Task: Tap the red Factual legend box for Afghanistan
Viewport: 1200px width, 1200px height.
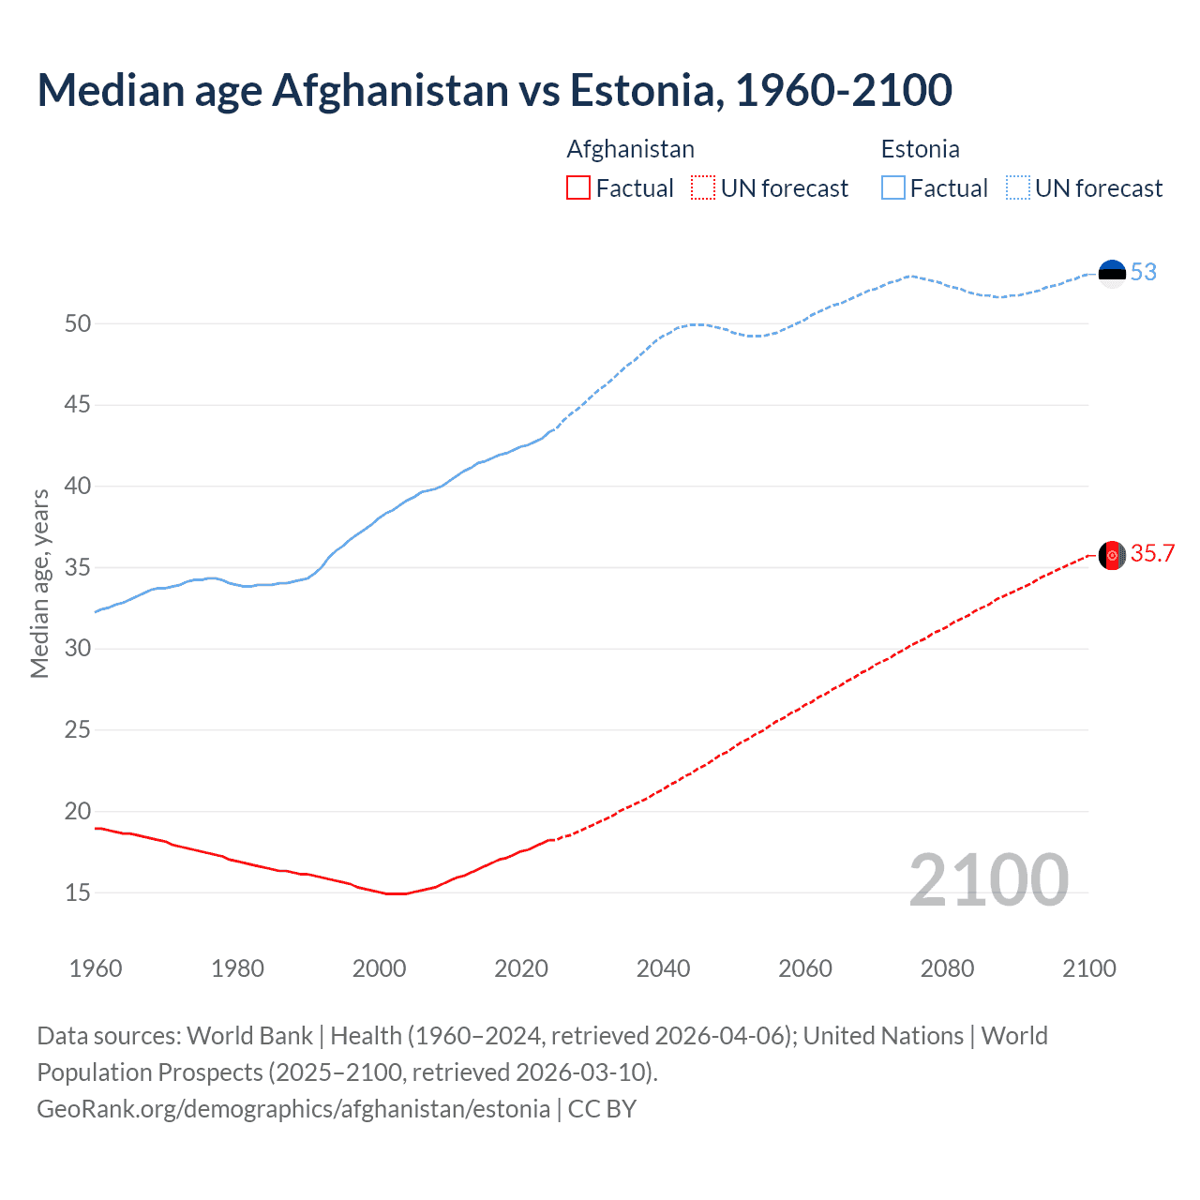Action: click(x=578, y=188)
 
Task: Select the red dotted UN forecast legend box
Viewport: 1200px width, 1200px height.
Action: click(x=703, y=188)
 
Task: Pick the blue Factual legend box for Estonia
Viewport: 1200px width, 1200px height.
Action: click(x=892, y=188)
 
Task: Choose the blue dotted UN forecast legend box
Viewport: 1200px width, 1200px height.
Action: click(x=1017, y=188)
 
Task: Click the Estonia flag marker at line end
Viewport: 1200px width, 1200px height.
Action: click(x=1112, y=273)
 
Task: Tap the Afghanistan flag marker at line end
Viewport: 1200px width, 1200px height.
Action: click(x=1112, y=555)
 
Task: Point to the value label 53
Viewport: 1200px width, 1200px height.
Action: click(x=1144, y=273)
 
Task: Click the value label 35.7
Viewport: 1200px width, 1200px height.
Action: click(x=1152, y=554)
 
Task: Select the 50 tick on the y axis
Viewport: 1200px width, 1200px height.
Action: click(x=78, y=324)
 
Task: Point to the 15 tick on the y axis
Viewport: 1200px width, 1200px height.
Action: click(x=78, y=893)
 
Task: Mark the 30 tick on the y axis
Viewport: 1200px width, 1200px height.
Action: click(x=78, y=649)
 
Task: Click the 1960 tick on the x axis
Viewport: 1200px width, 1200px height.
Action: click(x=96, y=968)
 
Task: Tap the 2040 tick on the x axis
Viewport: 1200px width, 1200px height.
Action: click(x=663, y=968)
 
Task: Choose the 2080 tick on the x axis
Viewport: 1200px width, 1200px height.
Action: click(x=947, y=968)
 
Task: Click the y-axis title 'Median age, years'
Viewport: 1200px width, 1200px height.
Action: click(x=39, y=583)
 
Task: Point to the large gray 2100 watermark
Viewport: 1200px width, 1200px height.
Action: click(x=988, y=879)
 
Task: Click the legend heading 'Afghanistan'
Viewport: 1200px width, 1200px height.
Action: click(x=630, y=149)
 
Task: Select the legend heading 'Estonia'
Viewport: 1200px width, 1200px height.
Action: click(x=920, y=149)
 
